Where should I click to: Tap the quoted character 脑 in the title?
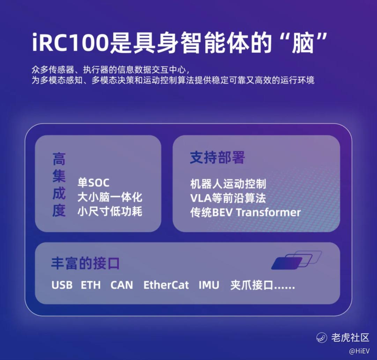pyautogui.click(x=302, y=43)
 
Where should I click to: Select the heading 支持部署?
pyautogui.click(x=217, y=157)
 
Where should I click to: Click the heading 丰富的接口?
pyautogui.click(x=86, y=263)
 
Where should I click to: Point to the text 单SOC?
pyautogui.click(x=93, y=183)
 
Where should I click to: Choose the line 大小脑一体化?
pyautogui.click(x=110, y=197)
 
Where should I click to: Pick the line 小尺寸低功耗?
pyautogui.click(x=110, y=211)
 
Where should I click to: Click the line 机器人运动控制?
pyautogui.click(x=228, y=184)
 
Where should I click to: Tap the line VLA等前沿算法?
pyautogui.click(x=228, y=198)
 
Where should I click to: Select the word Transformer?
pyautogui.click(x=268, y=212)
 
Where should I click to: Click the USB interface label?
pyautogui.click(x=62, y=285)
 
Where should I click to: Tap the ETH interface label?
pyautogui.click(x=91, y=285)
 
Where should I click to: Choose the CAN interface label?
pyautogui.click(x=122, y=285)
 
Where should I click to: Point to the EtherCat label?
pyautogui.click(x=166, y=285)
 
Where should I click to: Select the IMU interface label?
pyautogui.click(x=209, y=285)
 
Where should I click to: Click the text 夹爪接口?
pyautogui.click(x=252, y=285)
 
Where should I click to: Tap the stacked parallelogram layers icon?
pyautogui.click(x=296, y=260)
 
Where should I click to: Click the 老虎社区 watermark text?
pyautogui.click(x=350, y=337)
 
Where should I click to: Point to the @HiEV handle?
pyautogui.click(x=359, y=351)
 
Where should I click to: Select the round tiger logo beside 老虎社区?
pyautogui.click(x=322, y=337)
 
